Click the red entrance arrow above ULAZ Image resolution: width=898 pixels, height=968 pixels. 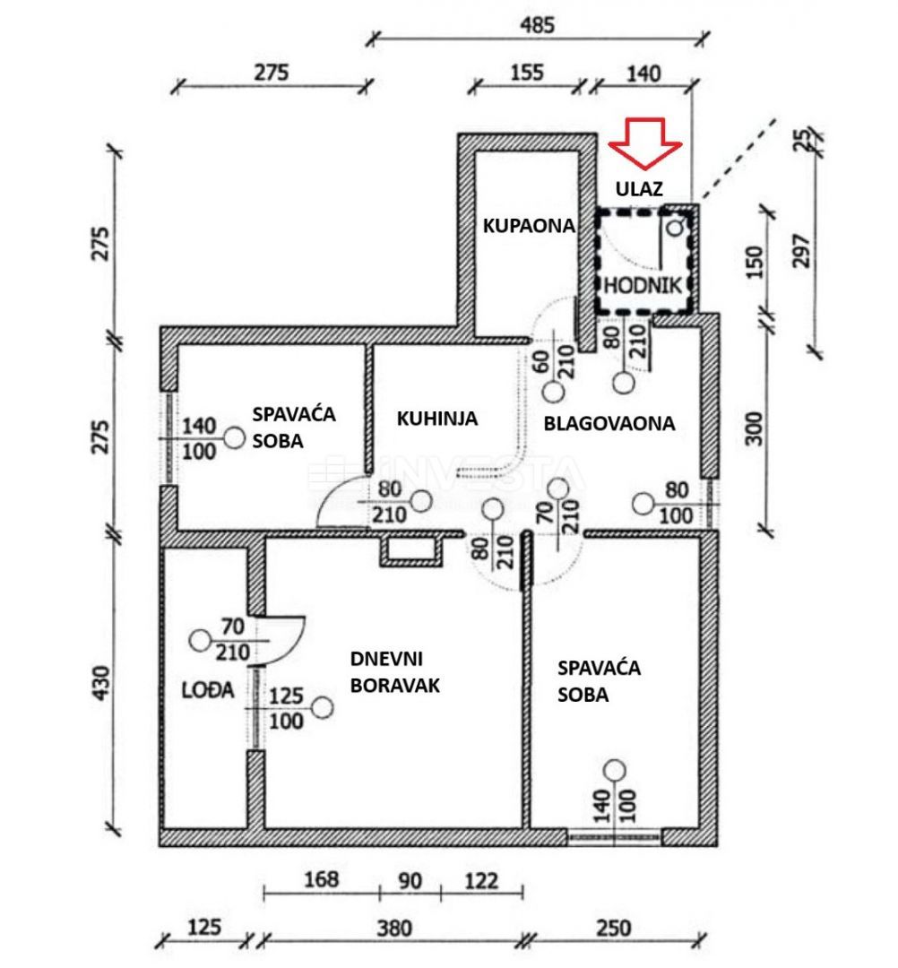pyautogui.click(x=646, y=142)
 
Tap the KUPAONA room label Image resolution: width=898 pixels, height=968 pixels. pyautogui.click(x=528, y=226)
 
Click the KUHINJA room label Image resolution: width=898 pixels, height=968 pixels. pyautogui.click(x=437, y=419)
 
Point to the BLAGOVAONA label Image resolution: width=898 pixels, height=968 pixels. pyautogui.click(x=609, y=423)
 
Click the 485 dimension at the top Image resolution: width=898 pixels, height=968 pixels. pyautogui.click(x=538, y=25)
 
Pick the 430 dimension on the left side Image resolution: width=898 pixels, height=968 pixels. pyautogui.click(x=104, y=684)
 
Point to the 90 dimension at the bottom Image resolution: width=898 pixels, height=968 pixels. pyautogui.click(x=410, y=881)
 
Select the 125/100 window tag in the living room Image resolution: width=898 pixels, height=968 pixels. pyautogui.click(x=286, y=708)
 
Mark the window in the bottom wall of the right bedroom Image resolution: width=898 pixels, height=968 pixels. pyautogui.click(x=615, y=837)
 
